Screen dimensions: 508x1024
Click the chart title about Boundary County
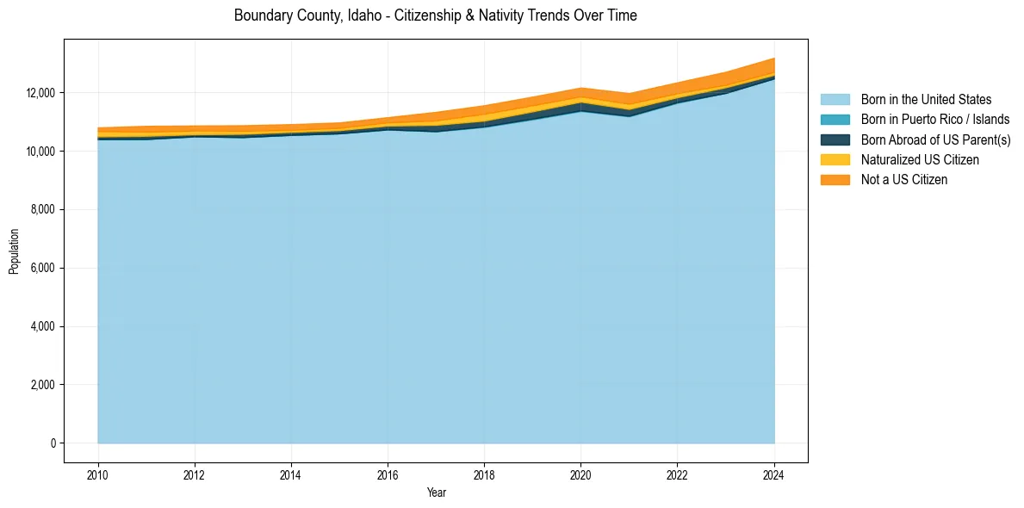(x=435, y=15)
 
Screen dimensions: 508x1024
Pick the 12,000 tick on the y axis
(x=40, y=93)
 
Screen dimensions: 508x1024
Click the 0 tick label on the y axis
(x=53, y=443)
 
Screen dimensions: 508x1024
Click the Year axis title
(x=436, y=493)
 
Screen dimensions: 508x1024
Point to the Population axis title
(x=14, y=251)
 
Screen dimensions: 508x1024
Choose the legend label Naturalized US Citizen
(x=920, y=160)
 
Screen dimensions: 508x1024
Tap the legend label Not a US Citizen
(x=904, y=180)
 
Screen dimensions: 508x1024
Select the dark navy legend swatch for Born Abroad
(x=835, y=139)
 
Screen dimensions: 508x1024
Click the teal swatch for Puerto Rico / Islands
(x=835, y=120)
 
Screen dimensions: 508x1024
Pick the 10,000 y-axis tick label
(x=40, y=152)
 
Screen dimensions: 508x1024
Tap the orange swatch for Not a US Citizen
(x=835, y=180)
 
